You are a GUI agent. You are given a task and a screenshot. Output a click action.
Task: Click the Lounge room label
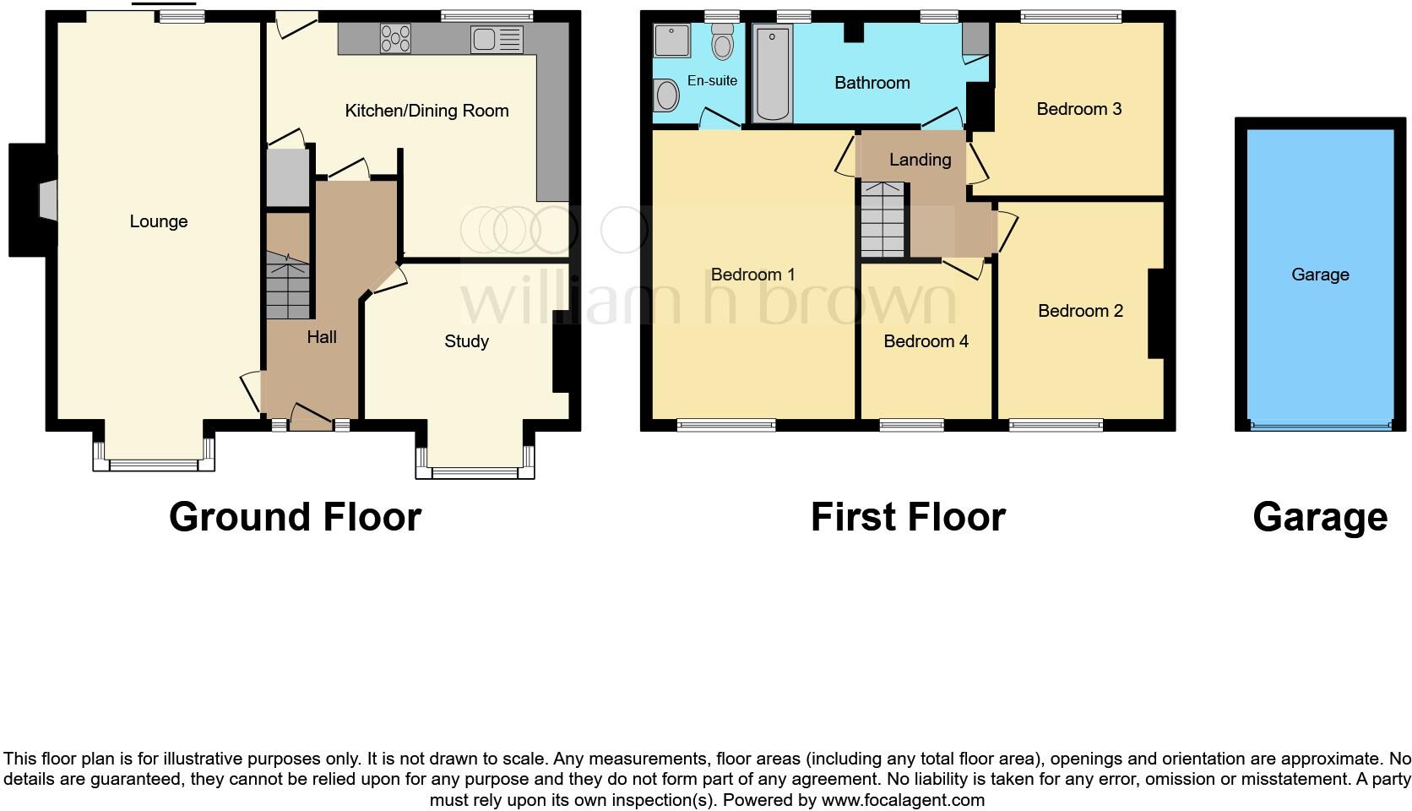coord(158,221)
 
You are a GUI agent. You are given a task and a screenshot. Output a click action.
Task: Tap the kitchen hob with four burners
coord(395,39)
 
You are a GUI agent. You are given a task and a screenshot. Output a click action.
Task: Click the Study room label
coord(466,341)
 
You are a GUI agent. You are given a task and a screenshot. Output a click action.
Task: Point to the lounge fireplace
coord(47,201)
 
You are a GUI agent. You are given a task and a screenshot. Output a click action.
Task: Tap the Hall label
coord(322,337)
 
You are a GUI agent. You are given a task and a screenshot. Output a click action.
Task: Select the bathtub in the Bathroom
coord(772,73)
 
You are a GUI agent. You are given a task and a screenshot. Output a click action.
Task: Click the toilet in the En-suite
coord(723,41)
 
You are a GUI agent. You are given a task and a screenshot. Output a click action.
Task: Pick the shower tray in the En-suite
coord(672,40)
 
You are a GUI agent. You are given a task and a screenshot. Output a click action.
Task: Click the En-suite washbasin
coord(666,95)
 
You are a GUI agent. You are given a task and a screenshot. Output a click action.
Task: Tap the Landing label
coord(920,160)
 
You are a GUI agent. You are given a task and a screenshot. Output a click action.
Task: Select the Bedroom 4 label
coord(926,341)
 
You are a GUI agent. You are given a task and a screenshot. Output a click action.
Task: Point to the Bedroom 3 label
coord(1078,109)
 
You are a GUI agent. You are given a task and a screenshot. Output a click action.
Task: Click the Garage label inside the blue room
coord(1319,275)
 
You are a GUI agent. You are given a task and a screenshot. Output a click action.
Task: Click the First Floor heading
coord(908,517)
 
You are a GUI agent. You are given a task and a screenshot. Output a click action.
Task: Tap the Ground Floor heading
coord(295,517)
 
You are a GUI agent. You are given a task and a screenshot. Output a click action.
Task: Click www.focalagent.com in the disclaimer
coord(902,800)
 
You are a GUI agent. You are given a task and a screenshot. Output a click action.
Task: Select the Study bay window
coord(475,472)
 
